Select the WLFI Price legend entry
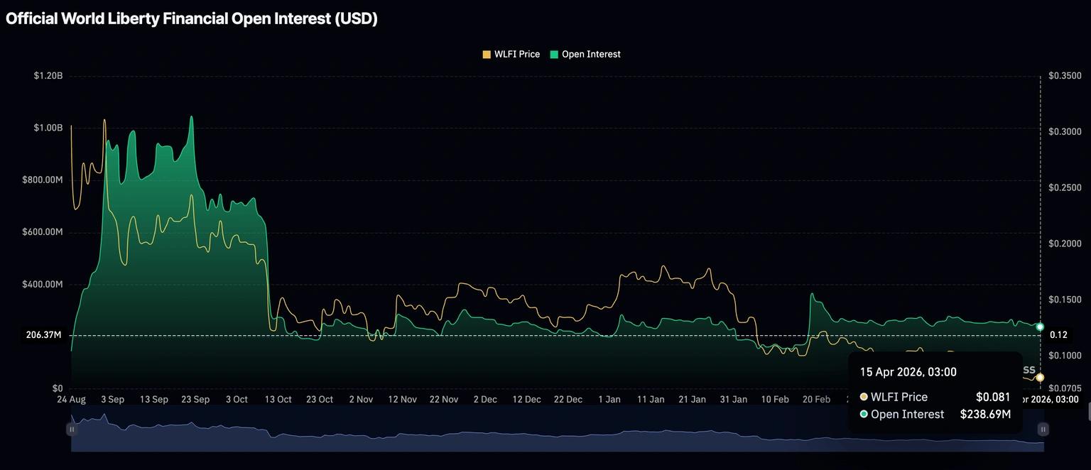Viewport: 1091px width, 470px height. (x=511, y=54)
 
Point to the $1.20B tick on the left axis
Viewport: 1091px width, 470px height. (x=48, y=75)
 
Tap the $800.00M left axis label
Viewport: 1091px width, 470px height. (x=43, y=180)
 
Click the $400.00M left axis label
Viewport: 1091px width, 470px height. (x=43, y=284)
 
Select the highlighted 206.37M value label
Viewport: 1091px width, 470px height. (x=43, y=334)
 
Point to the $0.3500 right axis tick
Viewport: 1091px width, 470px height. (x=1065, y=76)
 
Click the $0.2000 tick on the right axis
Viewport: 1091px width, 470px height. (x=1065, y=244)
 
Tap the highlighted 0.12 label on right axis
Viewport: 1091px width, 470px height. (x=1058, y=334)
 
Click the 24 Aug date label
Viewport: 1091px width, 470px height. (x=71, y=399)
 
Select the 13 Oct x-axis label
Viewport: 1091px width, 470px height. (x=278, y=399)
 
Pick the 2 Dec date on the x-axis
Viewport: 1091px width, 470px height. (x=485, y=399)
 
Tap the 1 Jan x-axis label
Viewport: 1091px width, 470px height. (x=609, y=399)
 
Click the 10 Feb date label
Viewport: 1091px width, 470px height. (x=775, y=399)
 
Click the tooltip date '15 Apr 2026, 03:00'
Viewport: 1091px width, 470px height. (x=908, y=372)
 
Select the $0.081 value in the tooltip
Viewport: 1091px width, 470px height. (x=993, y=397)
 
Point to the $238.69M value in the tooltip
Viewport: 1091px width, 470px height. (x=985, y=414)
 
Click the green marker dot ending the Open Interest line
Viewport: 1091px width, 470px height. (x=1040, y=327)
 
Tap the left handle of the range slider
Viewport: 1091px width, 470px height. (x=71, y=429)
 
